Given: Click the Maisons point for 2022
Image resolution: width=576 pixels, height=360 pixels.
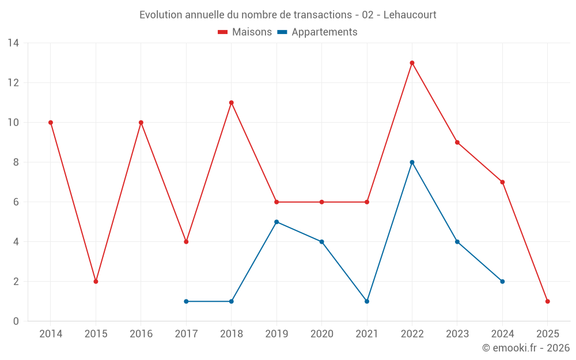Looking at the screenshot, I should point(412,63).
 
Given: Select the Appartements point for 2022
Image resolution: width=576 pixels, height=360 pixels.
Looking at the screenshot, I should point(412,162).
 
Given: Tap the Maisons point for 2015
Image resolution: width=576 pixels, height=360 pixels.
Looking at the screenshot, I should point(96,282).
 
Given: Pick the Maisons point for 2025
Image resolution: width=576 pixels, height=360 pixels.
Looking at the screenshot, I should point(547,301).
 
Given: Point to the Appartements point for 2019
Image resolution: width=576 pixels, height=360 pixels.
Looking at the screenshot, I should point(276,222).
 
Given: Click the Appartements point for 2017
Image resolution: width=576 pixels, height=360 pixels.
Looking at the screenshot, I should point(186,301).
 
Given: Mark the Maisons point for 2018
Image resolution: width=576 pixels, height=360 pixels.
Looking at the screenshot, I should point(231,103).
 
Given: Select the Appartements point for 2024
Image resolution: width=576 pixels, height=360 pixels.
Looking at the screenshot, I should point(502,282).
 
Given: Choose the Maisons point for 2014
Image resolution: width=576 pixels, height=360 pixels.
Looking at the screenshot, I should point(51,122).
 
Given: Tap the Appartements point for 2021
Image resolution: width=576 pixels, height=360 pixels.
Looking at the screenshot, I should point(367,301).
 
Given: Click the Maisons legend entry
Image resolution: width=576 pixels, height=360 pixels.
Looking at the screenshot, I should point(245,32).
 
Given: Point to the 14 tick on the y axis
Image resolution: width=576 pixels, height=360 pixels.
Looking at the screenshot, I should point(13,43).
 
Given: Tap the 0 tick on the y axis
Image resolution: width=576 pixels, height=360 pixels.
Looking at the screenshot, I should point(16,321).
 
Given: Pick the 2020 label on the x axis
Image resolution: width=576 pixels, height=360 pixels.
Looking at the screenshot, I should point(321,334).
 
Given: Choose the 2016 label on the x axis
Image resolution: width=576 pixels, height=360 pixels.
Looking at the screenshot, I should point(141,334).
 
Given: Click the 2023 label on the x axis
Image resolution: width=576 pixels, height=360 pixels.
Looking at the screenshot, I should point(457,334).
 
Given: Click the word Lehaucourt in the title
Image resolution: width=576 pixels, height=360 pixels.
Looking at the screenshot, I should point(407,15).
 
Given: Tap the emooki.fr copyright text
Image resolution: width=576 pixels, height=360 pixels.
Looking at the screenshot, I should point(526,348).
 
